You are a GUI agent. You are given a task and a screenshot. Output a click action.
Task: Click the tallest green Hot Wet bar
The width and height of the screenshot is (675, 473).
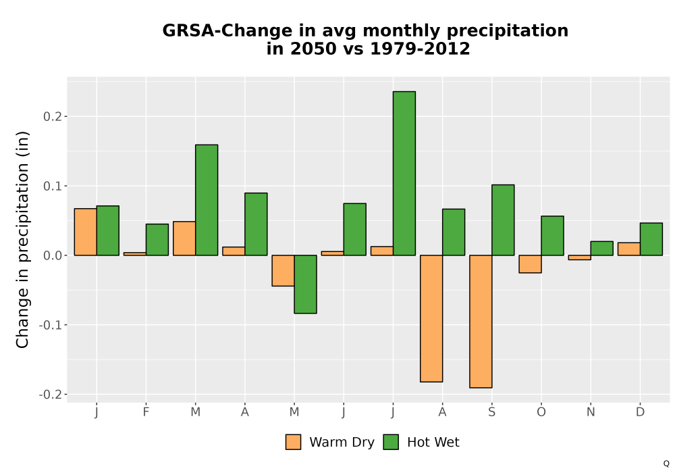[x=404, y=173]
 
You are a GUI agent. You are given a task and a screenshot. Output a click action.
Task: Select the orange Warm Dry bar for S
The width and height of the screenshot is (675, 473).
[x=481, y=322]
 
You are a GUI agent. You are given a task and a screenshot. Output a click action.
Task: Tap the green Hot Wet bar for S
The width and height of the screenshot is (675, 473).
[x=503, y=220]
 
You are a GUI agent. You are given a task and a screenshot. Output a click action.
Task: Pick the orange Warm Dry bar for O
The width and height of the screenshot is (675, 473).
[x=530, y=264]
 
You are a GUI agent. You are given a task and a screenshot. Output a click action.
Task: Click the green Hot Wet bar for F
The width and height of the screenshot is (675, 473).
[x=157, y=239]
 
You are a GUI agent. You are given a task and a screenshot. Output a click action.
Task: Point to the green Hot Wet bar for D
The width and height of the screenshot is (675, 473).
[x=651, y=239]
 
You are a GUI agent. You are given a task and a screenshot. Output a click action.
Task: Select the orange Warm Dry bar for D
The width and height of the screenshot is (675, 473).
[x=629, y=249]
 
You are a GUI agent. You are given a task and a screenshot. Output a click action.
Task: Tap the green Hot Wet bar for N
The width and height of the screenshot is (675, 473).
[x=602, y=248]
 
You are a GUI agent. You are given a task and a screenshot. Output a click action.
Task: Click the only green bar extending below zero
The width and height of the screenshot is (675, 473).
[x=305, y=284]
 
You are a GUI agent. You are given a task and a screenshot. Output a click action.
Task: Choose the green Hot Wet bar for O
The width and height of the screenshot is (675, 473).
[x=552, y=236]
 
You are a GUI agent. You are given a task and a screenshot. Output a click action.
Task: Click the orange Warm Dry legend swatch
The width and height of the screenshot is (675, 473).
[x=293, y=442]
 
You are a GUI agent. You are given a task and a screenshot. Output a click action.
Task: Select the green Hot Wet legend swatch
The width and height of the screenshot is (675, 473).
[x=391, y=442]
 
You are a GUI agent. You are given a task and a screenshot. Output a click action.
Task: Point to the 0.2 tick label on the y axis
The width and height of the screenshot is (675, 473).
[x=52, y=117]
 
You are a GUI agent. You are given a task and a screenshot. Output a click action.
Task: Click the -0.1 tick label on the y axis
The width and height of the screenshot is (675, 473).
[x=50, y=325]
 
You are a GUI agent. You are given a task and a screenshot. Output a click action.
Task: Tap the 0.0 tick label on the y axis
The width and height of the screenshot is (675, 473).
[x=52, y=255]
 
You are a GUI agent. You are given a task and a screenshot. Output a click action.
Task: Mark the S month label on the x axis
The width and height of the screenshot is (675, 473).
[x=491, y=412]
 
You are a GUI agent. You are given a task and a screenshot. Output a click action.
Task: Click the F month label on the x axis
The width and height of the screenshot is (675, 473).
[x=146, y=412]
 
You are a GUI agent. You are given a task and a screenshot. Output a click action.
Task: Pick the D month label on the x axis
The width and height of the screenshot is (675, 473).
[x=640, y=412]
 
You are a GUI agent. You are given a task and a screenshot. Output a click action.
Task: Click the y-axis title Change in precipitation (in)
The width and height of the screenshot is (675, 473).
[x=22, y=239]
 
